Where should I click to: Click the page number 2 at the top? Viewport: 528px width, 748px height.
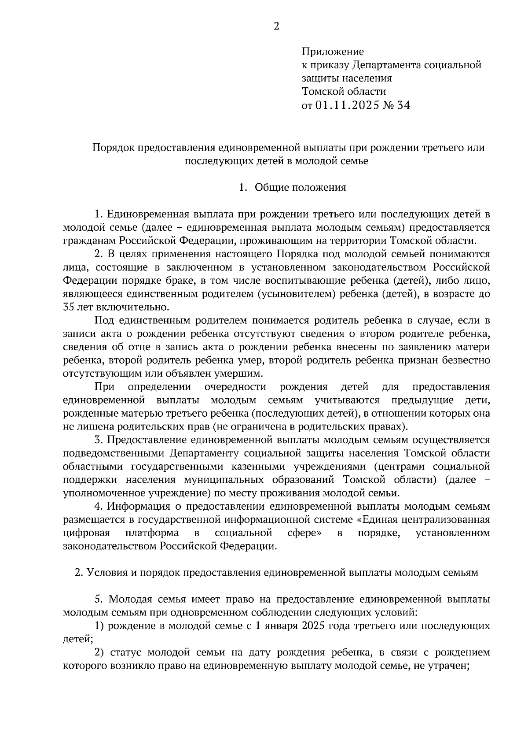tap(276, 26)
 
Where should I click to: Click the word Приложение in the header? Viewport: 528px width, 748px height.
tap(333, 52)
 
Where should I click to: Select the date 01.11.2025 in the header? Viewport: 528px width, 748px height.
tap(347, 105)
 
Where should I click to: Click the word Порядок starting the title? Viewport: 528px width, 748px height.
tap(114, 148)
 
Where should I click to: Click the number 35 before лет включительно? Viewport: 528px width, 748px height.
tap(69, 307)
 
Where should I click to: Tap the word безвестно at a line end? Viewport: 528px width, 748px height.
tap(466, 360)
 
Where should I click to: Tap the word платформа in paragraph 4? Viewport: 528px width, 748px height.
tap(152, 533)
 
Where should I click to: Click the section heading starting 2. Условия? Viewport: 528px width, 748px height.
tap(276, 573)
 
